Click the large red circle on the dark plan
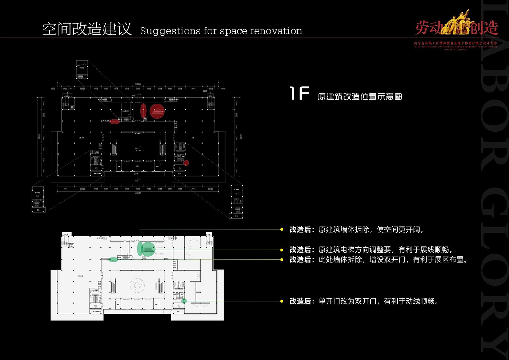click(x=157, y=111)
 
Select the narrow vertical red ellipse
click(x=143, y=111)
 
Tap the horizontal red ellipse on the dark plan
click(x=115, y=121)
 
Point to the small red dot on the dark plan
click(x=186, y=163)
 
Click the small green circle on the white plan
click(x=184, y=301)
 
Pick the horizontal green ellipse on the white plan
click(x=113, y=260)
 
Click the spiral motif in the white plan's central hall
click(x=137, y=285)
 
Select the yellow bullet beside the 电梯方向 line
click(x=282, y=250)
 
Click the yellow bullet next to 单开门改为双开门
click(x=282, y=301)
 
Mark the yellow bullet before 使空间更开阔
click(x=282, y=229)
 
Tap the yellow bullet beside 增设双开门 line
click(x=282, y=260)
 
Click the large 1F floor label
click(x=299, y=93)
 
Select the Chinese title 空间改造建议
click(x=87, y=29)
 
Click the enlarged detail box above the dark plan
click(x=82, y=69)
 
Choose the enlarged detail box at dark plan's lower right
click(x=237, y=201)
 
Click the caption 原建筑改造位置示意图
click(x=360, y=96)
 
